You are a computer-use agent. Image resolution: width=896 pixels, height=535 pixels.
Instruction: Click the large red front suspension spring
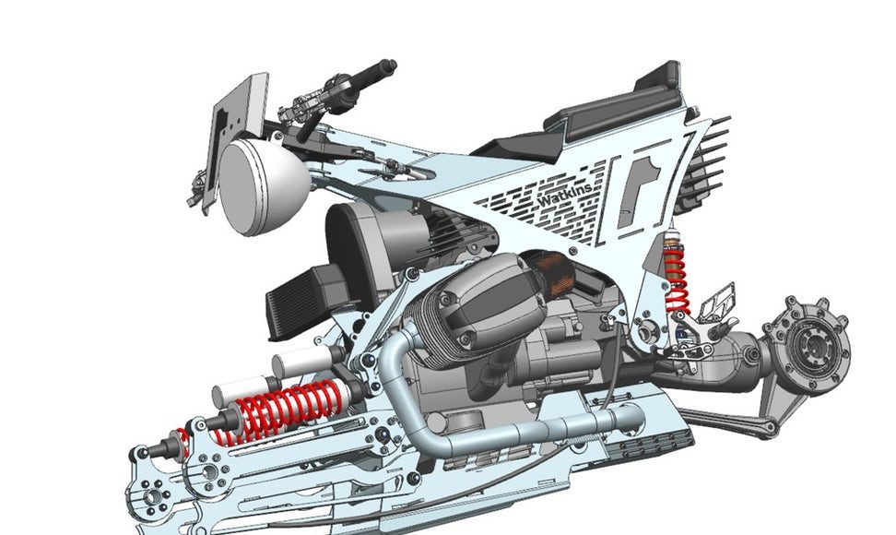pyautogui.click(x=281, y=408)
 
